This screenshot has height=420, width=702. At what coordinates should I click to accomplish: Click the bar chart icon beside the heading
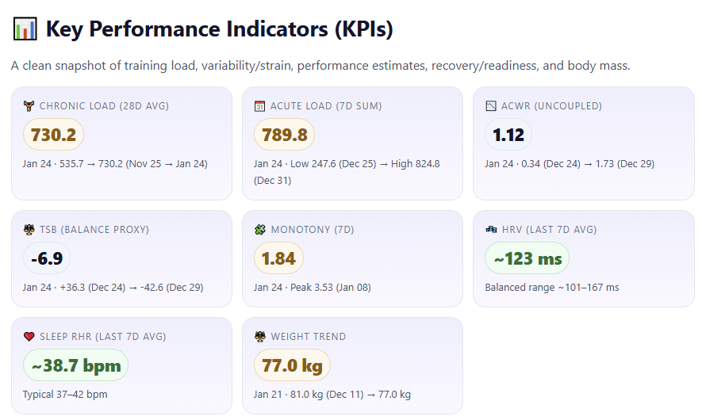coord(25,29)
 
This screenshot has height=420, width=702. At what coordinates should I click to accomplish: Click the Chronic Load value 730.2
coord(53,135)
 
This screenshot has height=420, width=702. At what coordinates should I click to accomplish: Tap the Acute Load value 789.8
coord(284,135)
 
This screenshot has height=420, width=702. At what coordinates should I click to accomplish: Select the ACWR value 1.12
coord(508,135)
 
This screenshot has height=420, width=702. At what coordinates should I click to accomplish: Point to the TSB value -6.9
coord(47,258)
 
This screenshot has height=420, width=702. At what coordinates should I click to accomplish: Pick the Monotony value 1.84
coord(278,258)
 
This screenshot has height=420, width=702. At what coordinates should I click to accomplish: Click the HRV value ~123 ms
coord(527,258)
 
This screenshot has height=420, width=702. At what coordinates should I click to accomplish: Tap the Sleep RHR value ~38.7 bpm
coord(75,365)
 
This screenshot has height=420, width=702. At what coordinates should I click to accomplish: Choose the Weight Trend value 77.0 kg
coord(292,365)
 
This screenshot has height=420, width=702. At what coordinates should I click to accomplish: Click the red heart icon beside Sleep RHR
coord(29,336)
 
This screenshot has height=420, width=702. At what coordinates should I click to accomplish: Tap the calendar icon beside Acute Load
coord(259,106)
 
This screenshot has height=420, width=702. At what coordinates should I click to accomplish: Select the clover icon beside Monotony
coord(259,230)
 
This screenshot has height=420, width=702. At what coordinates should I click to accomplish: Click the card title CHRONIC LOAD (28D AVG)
coord(104,106)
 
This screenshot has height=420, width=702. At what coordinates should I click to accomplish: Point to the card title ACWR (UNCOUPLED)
coord(551,106)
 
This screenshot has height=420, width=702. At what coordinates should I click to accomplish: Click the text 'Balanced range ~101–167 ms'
coord(552,287)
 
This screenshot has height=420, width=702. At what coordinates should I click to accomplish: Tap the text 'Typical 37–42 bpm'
coord(65,394)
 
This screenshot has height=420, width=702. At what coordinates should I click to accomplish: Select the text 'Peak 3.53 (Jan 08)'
coord(331,287)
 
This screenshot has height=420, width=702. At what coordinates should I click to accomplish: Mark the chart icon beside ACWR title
coord(491,106)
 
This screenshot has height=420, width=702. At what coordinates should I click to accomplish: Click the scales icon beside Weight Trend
coord(260,336)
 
